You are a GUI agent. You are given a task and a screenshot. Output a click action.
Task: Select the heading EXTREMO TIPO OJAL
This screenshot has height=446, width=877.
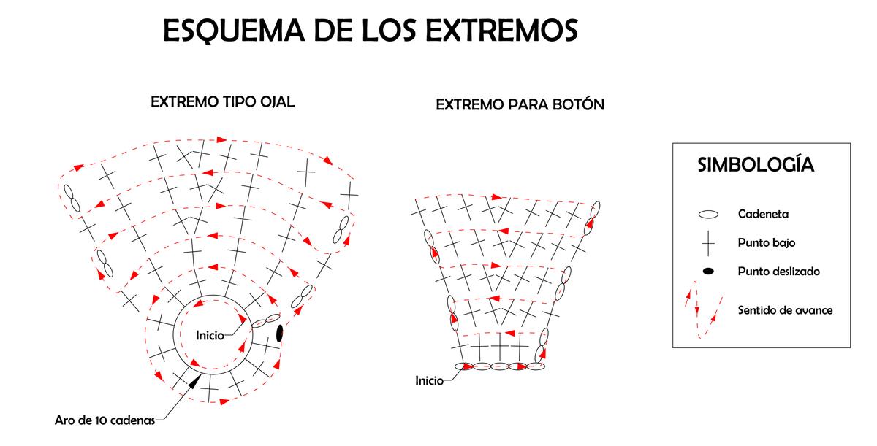click(x=222, y=101)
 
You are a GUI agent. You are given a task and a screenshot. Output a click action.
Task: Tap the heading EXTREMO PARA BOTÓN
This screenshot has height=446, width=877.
click(x=520, y=105)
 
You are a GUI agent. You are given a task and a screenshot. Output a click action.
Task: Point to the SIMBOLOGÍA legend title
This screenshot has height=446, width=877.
click(x=756, y=164)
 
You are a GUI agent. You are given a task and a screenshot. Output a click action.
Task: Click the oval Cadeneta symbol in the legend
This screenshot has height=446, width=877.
click(x=708, y=215)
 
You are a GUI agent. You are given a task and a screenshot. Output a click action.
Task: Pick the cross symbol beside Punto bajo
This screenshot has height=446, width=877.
click(x=707, y=243)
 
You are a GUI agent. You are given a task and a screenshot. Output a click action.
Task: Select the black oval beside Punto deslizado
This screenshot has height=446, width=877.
click(x=708, y=272)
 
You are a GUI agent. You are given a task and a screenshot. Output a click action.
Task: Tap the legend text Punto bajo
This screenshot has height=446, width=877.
click(x=766, y=243)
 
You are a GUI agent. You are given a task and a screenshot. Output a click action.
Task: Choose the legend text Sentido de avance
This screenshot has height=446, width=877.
click(x=785, y=310)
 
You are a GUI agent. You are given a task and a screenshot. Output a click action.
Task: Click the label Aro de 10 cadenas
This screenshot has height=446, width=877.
click(x=104, y=420)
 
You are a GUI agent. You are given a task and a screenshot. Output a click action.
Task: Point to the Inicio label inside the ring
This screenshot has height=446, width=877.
click(x=210, y=336)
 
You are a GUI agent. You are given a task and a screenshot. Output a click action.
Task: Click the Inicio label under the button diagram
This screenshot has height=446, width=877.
click(x=429, y=380)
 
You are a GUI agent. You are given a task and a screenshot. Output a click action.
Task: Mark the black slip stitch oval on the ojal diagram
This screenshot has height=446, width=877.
click(x=279, y=333)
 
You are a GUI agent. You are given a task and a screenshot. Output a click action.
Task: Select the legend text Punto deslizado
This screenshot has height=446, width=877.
click(x=778, y=272)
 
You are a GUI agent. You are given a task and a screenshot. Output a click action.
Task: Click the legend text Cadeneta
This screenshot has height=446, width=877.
click(x=763, y=215)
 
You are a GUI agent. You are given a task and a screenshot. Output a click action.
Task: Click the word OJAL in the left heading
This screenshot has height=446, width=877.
click(x=277, y=101)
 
